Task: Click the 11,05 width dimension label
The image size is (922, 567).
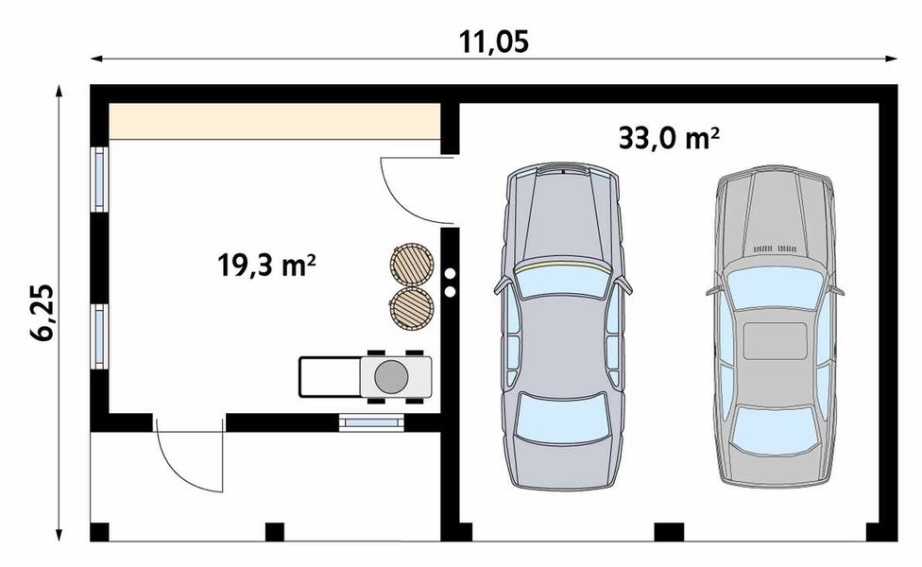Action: (493, 43)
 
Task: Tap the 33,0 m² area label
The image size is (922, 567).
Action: (670, 139)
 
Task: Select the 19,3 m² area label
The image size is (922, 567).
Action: (266, 266)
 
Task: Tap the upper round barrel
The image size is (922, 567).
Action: (411, 264)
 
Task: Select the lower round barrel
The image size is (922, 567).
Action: (411, 306)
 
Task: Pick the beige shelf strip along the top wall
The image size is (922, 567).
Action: (275, 122)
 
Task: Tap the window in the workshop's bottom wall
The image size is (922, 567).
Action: (370, 422)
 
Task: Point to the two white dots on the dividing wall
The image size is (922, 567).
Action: (451, 280)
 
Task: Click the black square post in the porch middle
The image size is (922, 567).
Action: (275, 532)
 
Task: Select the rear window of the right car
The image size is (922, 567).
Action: (774, 430)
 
